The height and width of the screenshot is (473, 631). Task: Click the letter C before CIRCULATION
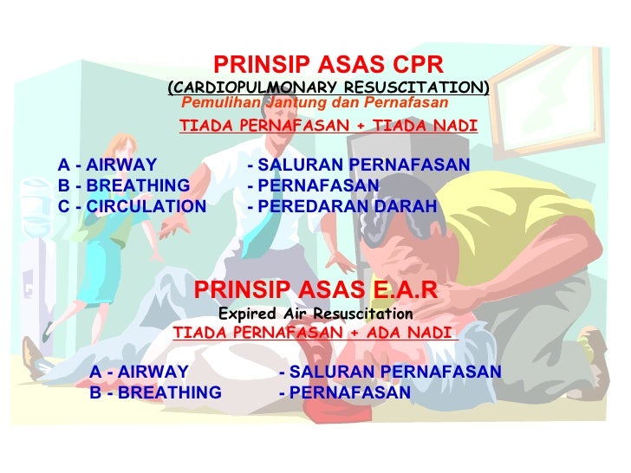(x=63, y=207)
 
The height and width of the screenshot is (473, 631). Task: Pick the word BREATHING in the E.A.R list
(x=169, y=392)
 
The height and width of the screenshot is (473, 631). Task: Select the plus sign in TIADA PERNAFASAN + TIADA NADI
(x=365, y=126)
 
